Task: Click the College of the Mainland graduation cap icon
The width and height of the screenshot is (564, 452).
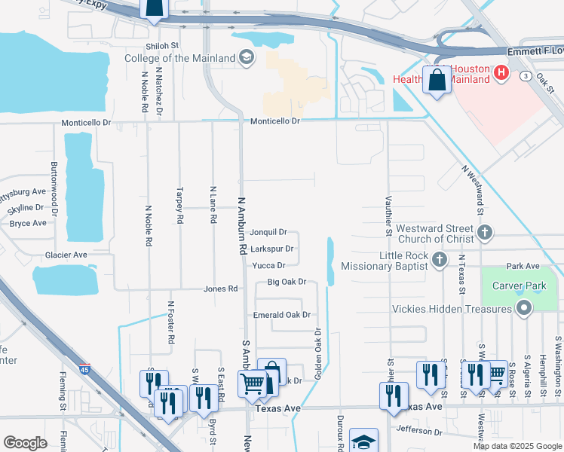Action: point(247,57)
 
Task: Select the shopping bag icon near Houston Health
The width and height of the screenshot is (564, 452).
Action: point(437,79)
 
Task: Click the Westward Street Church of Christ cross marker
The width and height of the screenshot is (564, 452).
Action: point(485,234)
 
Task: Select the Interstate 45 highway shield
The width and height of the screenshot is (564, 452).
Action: point(86,371)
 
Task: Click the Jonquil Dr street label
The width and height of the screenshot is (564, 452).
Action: point(268,232)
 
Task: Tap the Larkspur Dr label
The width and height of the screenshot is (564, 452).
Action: point(271,249)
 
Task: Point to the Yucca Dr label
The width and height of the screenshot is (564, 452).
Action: point(268,265)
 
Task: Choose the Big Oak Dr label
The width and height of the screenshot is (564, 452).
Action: point(287,282)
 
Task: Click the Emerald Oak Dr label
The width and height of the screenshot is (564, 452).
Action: point(282,315)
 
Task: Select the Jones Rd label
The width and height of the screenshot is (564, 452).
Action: point(221,289)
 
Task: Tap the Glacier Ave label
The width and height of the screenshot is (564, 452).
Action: point(66,255)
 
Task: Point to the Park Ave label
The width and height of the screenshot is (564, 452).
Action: point(523,266)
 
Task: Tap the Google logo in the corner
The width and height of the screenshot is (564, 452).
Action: point(25,443)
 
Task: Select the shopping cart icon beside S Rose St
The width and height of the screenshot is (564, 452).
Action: point(495,374)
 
